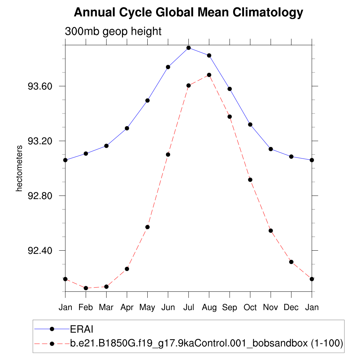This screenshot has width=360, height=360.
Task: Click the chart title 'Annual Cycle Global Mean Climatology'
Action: click(x=188, y=13)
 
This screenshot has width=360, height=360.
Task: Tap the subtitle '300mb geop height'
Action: click(x=113, y=31)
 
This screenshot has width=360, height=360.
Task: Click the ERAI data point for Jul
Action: click(x=189, y=48)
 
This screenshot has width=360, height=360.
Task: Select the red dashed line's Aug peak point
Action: click(x=209, y=75)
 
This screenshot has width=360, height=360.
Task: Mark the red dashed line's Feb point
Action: click(x=86, y=288)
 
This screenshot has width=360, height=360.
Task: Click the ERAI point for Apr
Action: click(x=127, y=128)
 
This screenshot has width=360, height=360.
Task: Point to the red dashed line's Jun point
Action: click(x=168, y=155)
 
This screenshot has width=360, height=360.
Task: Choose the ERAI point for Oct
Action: click(x=250, y=124)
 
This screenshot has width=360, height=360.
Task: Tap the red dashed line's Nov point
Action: click(x=271, y=231)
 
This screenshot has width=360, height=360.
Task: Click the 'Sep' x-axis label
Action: click(x=230, y=308)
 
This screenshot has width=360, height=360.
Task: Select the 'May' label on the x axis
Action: click(x=147, y=308)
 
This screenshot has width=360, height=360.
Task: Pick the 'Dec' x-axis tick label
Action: click(x=291, y=308)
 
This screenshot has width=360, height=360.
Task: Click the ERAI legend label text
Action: click(x=82, y=329)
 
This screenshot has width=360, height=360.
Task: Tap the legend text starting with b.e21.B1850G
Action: click(x=207, y=343)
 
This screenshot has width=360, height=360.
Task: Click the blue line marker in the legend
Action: click(x=52, y=329)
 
